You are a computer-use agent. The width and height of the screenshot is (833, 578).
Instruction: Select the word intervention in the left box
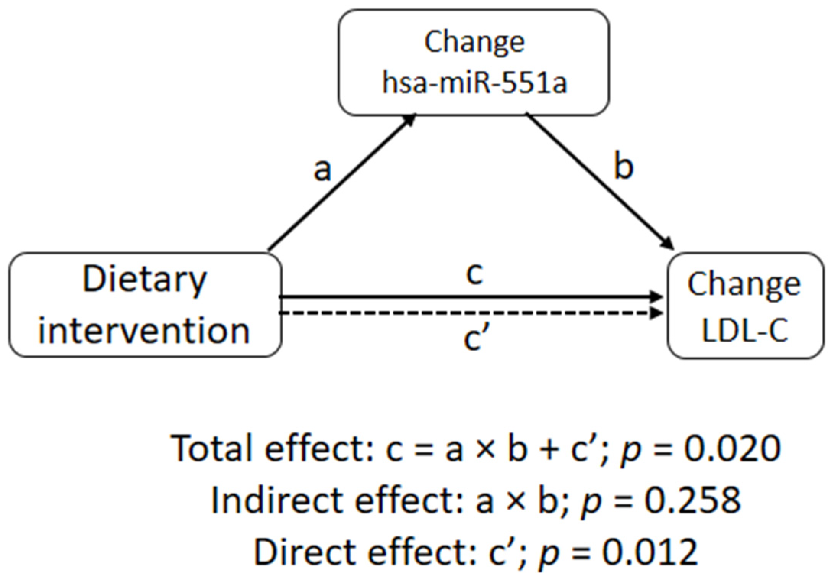pos(144,331)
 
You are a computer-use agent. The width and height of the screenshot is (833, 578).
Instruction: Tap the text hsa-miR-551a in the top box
pos(474,83)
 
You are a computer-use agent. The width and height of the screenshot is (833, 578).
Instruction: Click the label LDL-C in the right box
pos(745,330)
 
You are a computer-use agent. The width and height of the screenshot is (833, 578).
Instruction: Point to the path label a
pos(322,170)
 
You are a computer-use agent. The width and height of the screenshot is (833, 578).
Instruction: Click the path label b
pos(623,167)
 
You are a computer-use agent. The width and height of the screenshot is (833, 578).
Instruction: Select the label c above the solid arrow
pos(474,274)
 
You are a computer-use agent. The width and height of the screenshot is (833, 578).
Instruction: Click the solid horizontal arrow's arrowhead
pos(657,297)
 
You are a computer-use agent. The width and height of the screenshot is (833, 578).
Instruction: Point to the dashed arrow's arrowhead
pos(657,313)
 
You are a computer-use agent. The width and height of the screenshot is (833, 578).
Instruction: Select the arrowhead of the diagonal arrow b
pos(667,243)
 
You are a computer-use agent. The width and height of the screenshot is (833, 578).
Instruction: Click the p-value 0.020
pos(732,448)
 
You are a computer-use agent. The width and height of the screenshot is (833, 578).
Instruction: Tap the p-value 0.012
pos(650,552)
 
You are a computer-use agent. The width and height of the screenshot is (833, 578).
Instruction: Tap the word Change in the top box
pos(474,42)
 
